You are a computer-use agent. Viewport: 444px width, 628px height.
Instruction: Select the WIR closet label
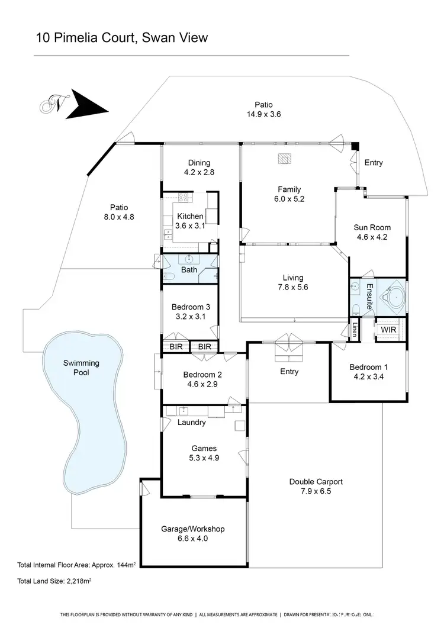[388, 329]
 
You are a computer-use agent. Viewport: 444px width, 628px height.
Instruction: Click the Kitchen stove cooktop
[183, 198]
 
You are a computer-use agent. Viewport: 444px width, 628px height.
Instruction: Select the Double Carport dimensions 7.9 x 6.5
[316, 491]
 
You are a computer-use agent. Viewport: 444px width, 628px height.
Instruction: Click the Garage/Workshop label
[193, 529]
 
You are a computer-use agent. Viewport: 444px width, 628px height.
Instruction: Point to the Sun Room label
[372, 227]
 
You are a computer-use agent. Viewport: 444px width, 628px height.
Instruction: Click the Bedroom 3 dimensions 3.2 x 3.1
[191, 317]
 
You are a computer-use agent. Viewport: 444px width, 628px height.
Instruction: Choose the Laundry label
[191, 423]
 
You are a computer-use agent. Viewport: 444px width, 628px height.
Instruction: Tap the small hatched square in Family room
[285, 159]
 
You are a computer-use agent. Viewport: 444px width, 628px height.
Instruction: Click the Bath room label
[189, 270]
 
